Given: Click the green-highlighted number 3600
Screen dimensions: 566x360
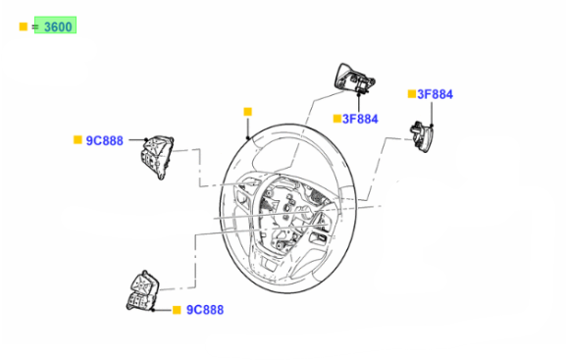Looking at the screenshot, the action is [x=58, y=27].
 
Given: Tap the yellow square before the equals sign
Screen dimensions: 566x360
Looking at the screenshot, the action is [x=24, y=26].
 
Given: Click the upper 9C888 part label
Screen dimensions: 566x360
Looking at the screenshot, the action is [x=104, y=140].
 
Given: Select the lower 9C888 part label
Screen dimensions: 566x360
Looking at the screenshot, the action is [x=205, y=310].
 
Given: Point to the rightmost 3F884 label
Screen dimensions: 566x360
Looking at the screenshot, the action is [x=435, y=94].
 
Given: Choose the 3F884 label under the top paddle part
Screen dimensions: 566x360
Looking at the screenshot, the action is [x=360, y=119].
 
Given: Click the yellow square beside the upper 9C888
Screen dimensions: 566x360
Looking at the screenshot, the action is [x=77, y=139].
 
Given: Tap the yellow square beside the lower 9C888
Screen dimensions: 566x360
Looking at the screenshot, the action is [x=177, y=310].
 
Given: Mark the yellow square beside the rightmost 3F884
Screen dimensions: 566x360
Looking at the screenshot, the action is [x=412, y=94].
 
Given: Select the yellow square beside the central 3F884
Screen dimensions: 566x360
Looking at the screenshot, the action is [x=336, y=119].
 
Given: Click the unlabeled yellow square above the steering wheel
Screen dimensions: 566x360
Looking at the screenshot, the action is [x=247, y=112].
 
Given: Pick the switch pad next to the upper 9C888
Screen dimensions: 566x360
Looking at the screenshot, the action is [x=157, y=157].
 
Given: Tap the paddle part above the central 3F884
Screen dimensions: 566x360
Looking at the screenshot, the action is [x=354, y=78].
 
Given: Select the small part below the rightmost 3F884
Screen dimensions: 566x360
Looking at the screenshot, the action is [x=422, y=137].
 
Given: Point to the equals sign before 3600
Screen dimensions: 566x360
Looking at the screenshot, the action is [x=35, y=26].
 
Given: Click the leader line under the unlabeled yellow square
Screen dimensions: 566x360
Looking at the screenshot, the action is [x=247, y=128].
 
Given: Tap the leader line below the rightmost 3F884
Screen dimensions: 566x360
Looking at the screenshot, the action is [x=432, y=114].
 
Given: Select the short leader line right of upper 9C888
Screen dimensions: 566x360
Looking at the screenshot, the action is [x=137, y=139].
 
